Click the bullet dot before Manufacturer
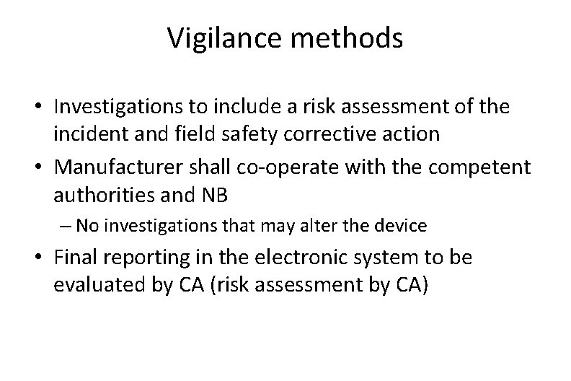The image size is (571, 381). tap(40, 167)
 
